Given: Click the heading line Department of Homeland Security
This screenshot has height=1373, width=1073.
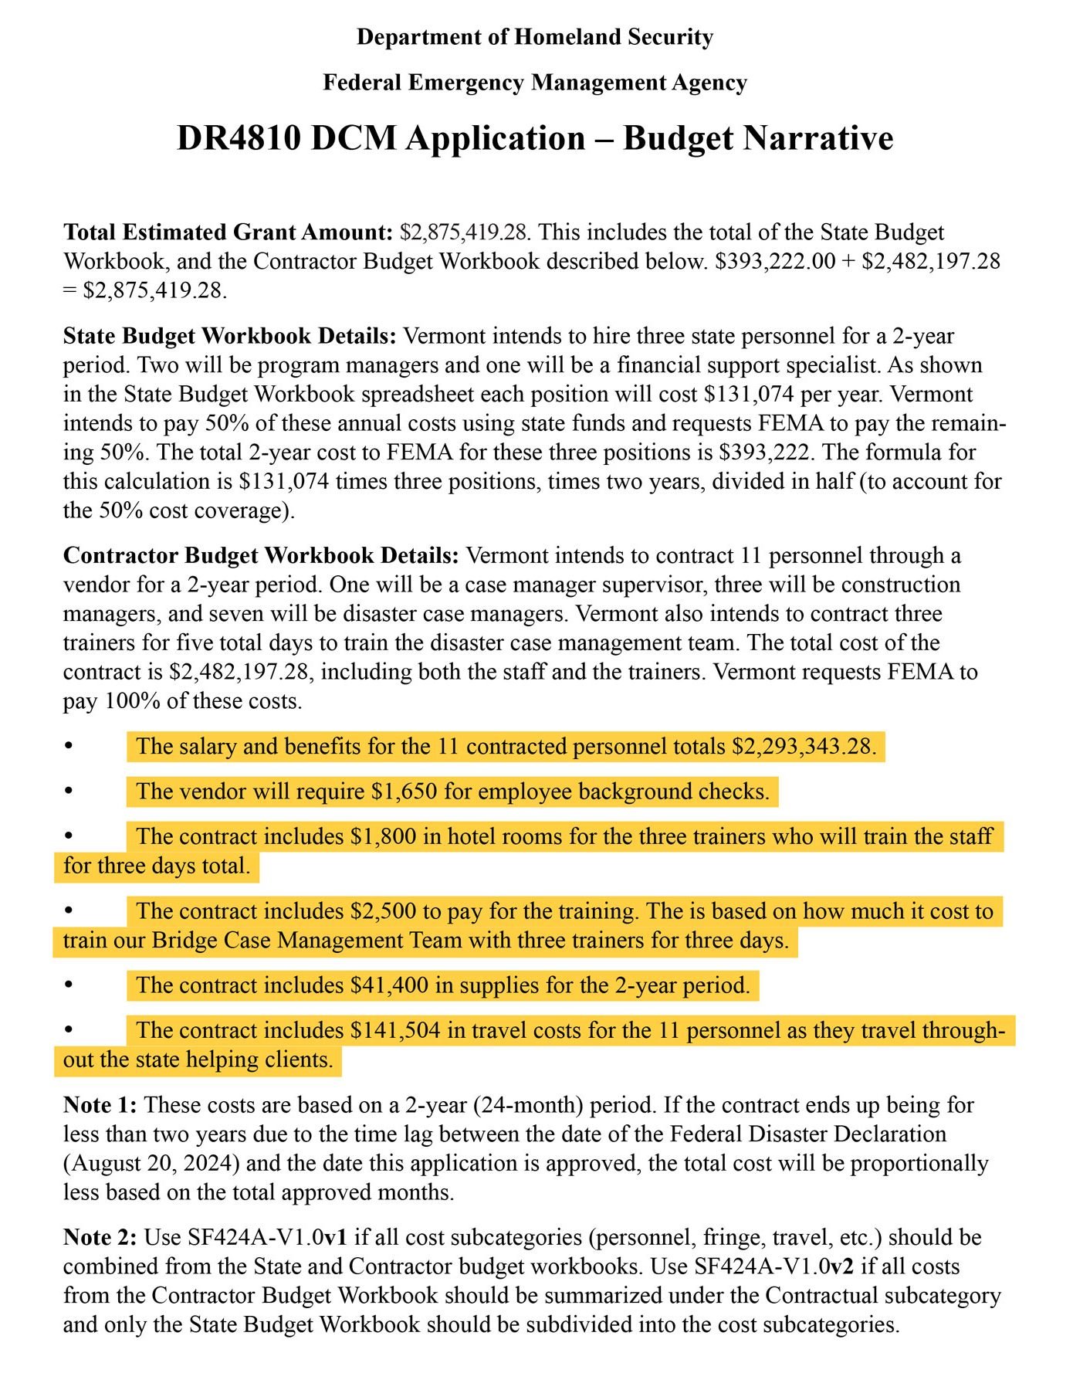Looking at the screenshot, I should pyautogui.click(x=535, y=37).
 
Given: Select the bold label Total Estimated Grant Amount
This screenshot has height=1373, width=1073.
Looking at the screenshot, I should pyautogui.click(x=228, y=232).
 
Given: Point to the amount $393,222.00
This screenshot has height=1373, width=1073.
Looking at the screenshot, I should pyautogui.click(x=775, y=261).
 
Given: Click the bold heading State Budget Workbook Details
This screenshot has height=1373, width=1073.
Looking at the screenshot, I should pyautogui.click(x=230, y=337).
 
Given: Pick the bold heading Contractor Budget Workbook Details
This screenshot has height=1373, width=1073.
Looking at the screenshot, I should pyautogui.click(x=261, y=556).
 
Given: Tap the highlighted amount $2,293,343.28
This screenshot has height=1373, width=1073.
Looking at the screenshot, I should pyautogui.click(x=804, y=747).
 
